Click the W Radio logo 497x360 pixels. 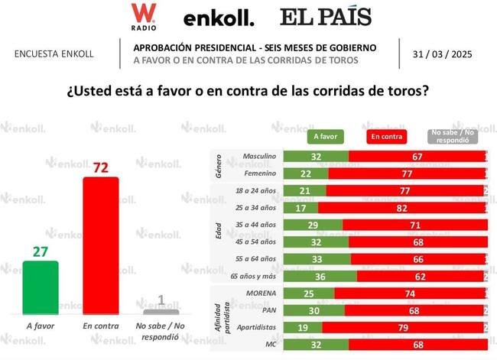[x=143, y=16]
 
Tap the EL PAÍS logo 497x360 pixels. [x=326, y=17]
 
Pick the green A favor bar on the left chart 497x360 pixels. [x=41, y=287]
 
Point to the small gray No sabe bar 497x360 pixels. [x=161, y=311]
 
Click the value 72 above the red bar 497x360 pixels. [x=100, y=167]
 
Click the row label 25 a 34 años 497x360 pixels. [x=254, y=207]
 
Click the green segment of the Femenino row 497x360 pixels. [x=305, y=174]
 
